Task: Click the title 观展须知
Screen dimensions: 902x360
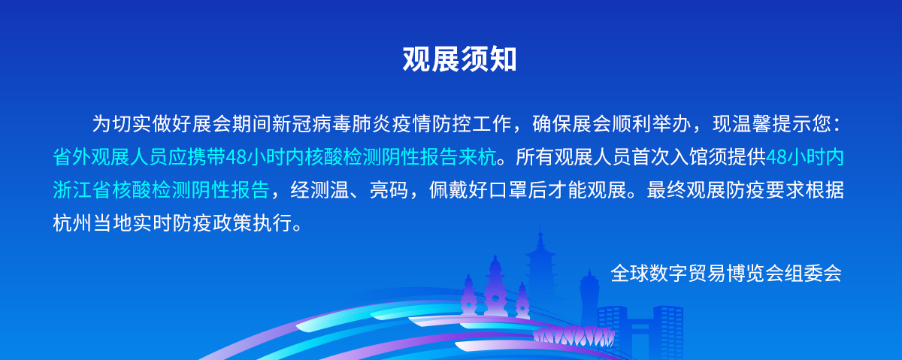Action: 459,59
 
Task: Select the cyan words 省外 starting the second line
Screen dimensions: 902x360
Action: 72,156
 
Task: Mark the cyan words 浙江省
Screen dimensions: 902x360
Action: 82,189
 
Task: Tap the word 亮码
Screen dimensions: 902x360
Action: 389,189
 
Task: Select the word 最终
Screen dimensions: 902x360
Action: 666,189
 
